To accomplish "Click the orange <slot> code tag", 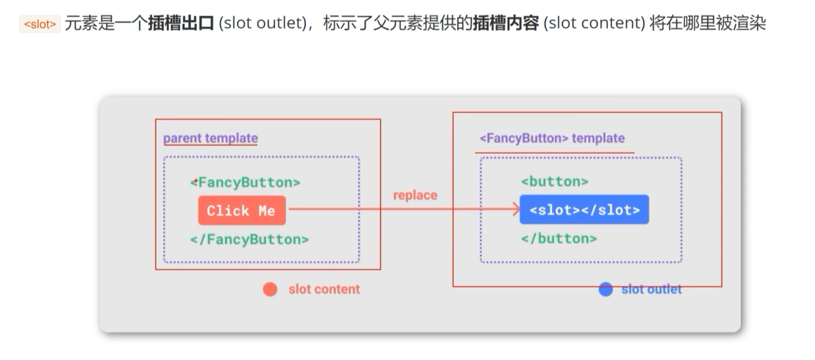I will [39, 24].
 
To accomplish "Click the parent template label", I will [211, 138].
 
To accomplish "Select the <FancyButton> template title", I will [552, 138].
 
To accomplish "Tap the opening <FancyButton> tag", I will [245, 183].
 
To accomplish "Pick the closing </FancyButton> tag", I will [249, 240].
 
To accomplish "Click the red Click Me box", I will [241, 210].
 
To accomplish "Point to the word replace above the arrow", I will [415, 195].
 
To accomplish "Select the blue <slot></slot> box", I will [584, 209].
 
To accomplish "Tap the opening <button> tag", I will [554, 181].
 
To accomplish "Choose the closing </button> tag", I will [558, 238].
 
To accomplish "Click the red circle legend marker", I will [270, 289].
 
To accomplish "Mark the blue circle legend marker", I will [605, 289].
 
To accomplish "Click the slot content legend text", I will [324, 289].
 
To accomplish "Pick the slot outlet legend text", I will [651, 289].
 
